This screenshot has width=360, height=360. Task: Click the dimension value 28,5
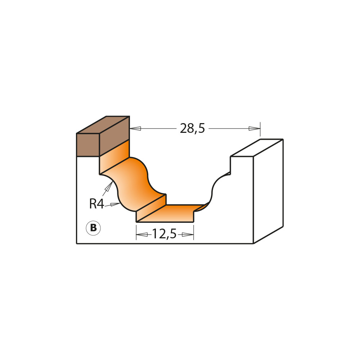pyautogui.click(x=192, y=129)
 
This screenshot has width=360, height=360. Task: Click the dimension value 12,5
pyautogui.click(x=164, y=234)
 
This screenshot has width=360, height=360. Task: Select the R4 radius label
pyautogui.click(x=96, y=204)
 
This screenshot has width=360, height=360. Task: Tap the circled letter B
pyautogui.click(x=93, y=228)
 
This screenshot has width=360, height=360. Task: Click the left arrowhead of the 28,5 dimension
pyautogui.click(x=135, y=128)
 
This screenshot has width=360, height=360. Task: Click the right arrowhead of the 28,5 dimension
pyautogui.click(x=254, y=129)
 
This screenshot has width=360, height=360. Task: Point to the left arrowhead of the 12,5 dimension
pyautogui.click(x=142, y=235)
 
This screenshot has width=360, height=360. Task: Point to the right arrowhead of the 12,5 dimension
pyautogui.click(x=188, y=235)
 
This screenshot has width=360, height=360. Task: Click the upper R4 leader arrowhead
pyautogui.click(x=109, y=186)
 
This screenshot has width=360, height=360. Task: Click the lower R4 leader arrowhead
pyautogui.click(x=115, y=204)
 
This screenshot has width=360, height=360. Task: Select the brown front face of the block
pyautogui.click(x=88, y=145)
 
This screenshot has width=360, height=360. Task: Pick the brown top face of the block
pyautogui.click(x=103, y=125)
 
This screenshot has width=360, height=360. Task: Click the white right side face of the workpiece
pyautogui.click(x=268, y=191)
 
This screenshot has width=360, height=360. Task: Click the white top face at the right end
pyautogui.click(x=256, y=148)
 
